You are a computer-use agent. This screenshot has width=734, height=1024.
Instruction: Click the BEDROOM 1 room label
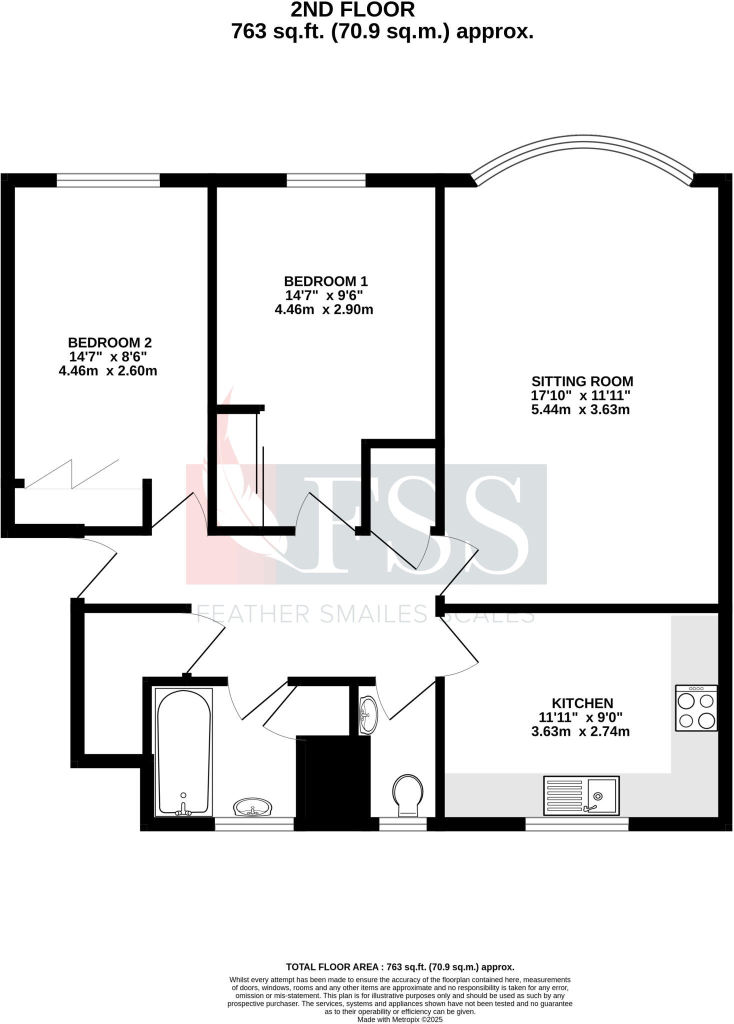coord(325,281)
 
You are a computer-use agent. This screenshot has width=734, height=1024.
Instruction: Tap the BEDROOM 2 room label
coord(109,342)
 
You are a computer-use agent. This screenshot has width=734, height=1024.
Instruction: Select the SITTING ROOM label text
coord(582,381)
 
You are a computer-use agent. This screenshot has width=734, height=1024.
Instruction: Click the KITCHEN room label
coord(582,703)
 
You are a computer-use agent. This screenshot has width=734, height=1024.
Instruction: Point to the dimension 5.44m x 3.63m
coord(580,410)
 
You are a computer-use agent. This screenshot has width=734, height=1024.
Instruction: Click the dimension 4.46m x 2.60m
coord(108,371)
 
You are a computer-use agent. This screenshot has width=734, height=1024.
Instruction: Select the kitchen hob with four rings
coord(696,708)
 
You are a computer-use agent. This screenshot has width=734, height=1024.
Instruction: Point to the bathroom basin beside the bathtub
coord(253,807)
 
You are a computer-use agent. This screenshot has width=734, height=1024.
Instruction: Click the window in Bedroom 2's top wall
coord(108,180)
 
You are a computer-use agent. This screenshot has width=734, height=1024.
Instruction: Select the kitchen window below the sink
coord(576,823)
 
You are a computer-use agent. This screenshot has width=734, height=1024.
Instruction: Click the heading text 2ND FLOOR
coord(352,10)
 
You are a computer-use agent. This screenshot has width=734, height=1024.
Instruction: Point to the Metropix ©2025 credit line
coord(399,1019)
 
